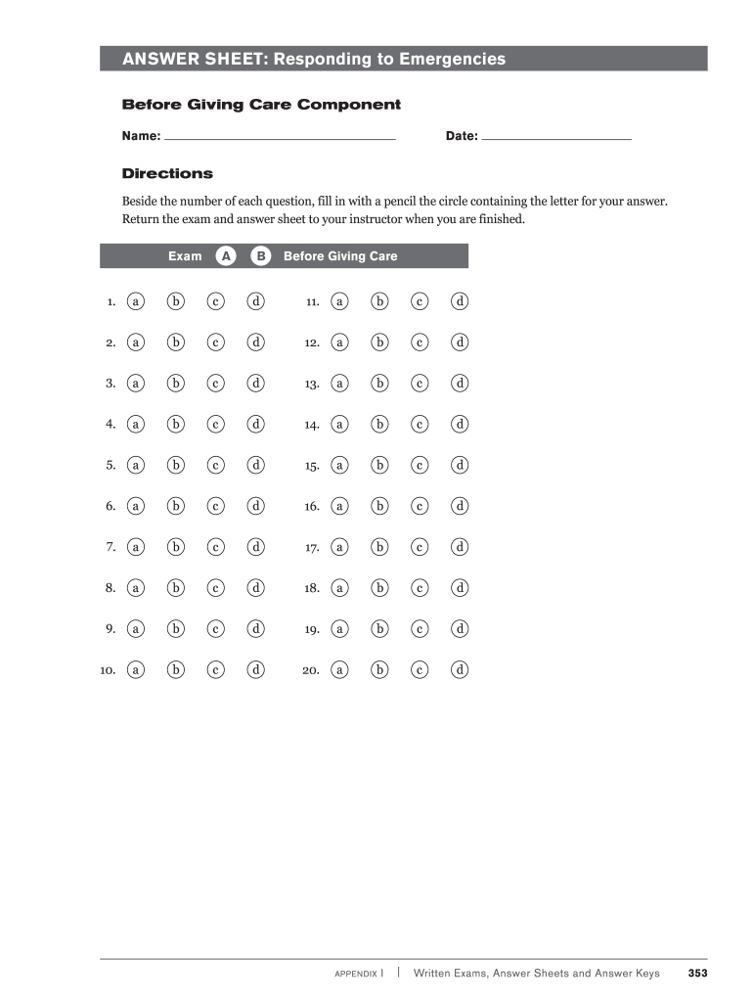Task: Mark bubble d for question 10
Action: point(256,670)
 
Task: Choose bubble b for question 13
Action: point(379,384)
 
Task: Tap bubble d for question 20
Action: point(460,670)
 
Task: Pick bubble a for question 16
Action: point(339,507)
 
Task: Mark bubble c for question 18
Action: point(420,588)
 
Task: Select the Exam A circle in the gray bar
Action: point(226,256)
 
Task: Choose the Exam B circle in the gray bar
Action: point(261,256)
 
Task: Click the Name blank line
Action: point(280,139)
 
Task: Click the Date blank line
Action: point(556,139)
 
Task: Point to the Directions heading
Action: point(167,173)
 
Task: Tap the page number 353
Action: point(697,973)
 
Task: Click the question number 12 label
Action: point(313,343)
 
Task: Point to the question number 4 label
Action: point(111,425)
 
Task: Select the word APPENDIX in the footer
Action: point(356,974)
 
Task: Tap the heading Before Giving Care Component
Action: point(261,105)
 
